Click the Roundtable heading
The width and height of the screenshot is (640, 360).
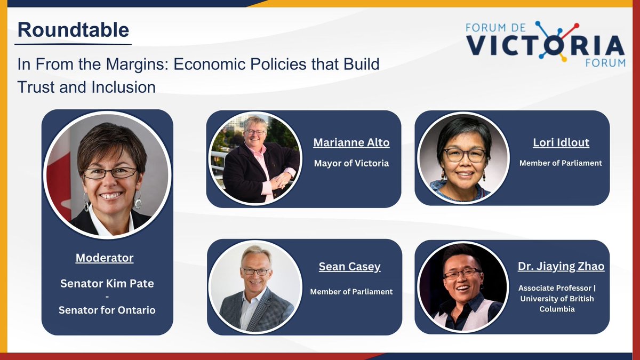tap(73, 30)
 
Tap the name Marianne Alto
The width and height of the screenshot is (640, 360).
tap(351, 142)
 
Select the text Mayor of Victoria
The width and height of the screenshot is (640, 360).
tap(351, 163)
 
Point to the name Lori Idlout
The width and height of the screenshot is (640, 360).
tap(561, 142)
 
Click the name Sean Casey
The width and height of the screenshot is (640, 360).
tap(350, 267)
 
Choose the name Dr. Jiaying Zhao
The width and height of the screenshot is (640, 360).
tap(561, 266)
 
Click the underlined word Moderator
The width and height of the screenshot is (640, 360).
tap(105, 258)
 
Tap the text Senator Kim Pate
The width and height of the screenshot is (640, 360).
tap(107, 283)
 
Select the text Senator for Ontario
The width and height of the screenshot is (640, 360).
tap(107, 309)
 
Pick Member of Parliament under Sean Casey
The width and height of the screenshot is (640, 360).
tap(351, 292)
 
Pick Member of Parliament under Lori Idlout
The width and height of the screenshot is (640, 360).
tap(561, 163)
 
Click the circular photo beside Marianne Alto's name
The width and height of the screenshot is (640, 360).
tap(254, 158)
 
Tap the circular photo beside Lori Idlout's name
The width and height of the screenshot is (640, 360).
tap(463, 158)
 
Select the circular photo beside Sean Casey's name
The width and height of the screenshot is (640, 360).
tap(255, 286)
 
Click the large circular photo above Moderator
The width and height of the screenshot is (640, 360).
tap(107, 175)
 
